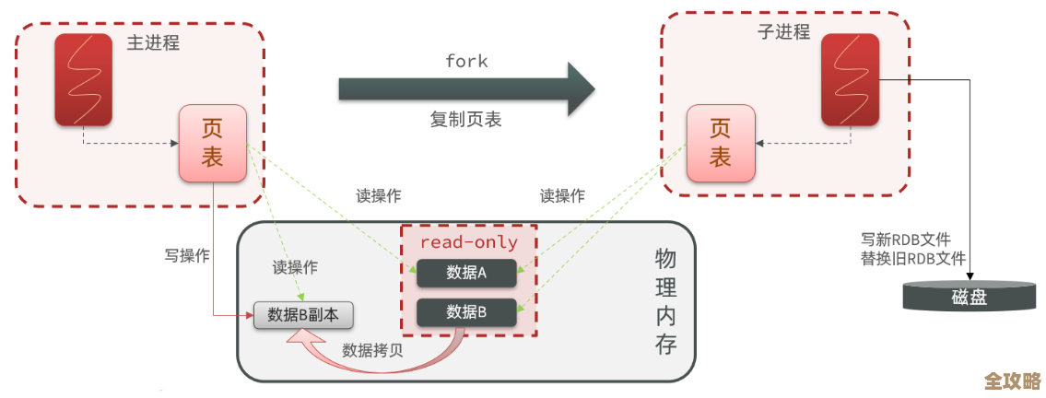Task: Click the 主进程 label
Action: pos(153,43)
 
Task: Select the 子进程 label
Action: pos(783,32)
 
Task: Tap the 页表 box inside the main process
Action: pos(213,143)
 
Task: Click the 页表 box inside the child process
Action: pos(720,143)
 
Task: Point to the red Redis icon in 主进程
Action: pos(84,80)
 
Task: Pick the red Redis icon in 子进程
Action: pos(850,79)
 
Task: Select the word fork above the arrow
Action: pos(466,61)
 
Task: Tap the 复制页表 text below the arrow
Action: pos(466,120)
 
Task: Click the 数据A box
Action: pos(466,273)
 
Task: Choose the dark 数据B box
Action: pos(466,311)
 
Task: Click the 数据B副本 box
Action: pos(303,314)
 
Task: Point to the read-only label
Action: pos(468,242)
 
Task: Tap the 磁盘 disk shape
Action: pos(969,297)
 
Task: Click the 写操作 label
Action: pos(187,255)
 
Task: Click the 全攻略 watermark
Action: pos(1012,380)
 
